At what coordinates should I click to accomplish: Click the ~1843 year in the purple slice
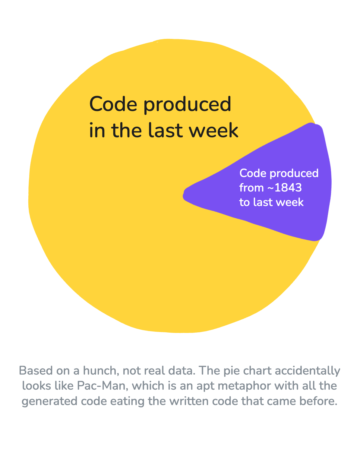click(x=284, y=188)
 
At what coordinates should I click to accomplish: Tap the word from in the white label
click(x=251, y=188)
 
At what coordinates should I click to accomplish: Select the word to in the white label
click(x=245, y=202)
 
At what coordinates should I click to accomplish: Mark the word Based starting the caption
click(x=36, y=370)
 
